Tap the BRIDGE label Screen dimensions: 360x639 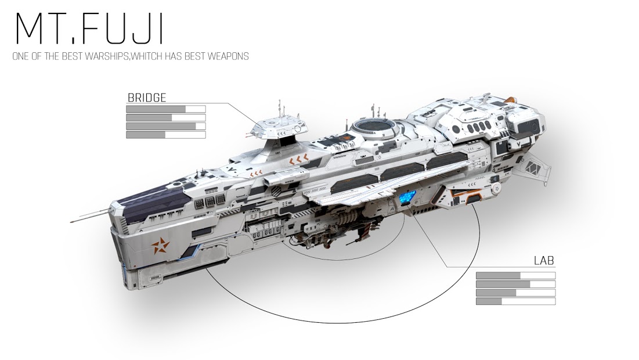tap(146, 98)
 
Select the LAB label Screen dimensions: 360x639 tap(544, 261)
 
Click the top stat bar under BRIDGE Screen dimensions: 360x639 tap(165, 109)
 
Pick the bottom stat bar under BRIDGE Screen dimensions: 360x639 tap(165, 135)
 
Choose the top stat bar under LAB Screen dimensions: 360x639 tap(515, 275)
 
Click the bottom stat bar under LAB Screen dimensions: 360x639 tap(515, 301)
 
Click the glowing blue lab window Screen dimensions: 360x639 tap(407, 197)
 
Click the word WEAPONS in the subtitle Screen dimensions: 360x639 tap(229, 57)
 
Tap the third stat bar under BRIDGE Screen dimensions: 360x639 tap(165, 126)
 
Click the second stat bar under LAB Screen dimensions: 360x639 tap(515, 284)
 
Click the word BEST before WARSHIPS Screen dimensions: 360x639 tap(71, 57)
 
